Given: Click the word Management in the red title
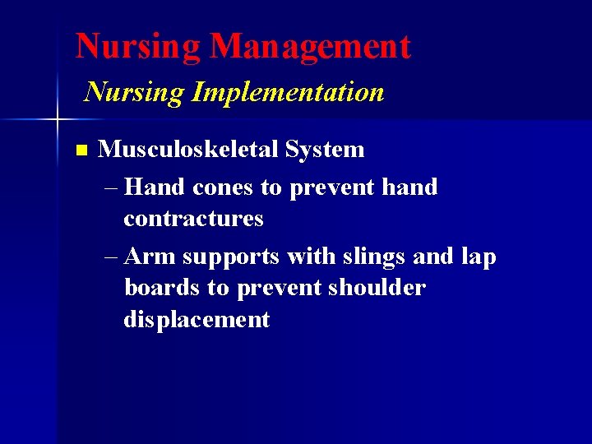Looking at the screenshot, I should [x=310, y=47].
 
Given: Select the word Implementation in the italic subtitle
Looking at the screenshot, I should [x=288, y=92].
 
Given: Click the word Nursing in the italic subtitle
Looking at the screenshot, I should [x=135, y=92].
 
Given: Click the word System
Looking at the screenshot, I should [x=325, y=150].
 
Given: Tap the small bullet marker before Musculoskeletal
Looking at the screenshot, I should [x=80, y=150].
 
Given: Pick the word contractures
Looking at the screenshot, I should [x=193, y=219].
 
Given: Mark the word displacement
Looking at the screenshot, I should [x=197, y=319].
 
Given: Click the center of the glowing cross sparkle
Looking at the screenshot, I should [x=57, y=120].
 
